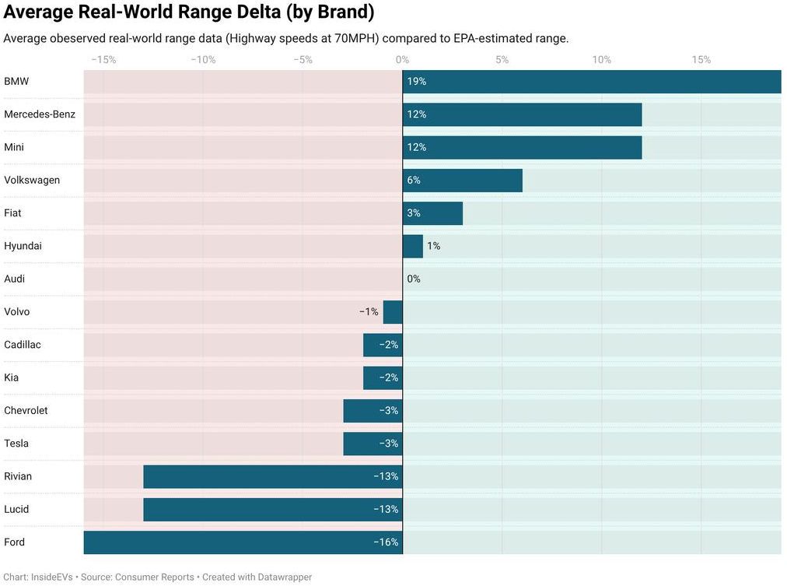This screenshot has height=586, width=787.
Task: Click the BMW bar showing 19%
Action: pyautogui.click(x=591, y=82)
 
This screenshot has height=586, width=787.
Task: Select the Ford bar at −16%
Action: pyautogui.click(x=243, y=542)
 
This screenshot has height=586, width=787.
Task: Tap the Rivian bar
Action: pyautogui.click(x=272, y=476)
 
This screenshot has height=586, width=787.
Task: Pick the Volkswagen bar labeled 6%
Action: pyautogui.click(x=463, y=181)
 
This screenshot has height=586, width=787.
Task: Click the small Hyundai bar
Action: pyautogui.click(x=412, y=246)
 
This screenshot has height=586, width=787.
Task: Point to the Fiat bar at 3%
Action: pyautogui.click(x=432, y=213)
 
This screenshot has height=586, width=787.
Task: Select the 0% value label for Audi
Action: pyautogui.click(x=413, y=279)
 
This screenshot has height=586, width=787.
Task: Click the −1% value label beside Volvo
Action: pyautogui.click(x=369, y=312)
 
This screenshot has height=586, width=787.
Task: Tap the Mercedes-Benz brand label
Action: pyautogui.click(x=40, y=114)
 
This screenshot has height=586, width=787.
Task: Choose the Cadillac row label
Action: pyautogui.click(x=23, y=345)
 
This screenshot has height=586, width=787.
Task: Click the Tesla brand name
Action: pyautogui.click(x=16, y=444)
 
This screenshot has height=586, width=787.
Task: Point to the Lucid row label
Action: pyautogui.click(x=16, y=509)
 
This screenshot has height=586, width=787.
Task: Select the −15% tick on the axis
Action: pyautogui.click(x=103, y=60)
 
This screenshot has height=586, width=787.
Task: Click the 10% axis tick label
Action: pyautogui.click(x=601, y=60)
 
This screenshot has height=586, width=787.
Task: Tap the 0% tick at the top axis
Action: pyautogui.click(x=402, y=60)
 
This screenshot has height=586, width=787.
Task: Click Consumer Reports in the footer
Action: pyautogui.click(x=156, y=577)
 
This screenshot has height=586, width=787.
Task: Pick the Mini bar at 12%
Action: pyautogui.click(x=522, y=147)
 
